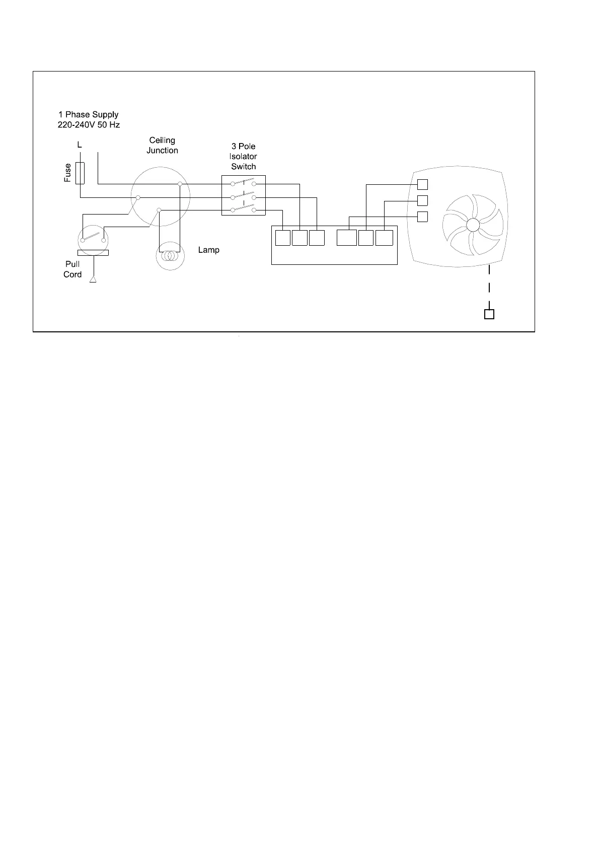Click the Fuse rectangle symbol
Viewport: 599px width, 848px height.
(x=80, y=173)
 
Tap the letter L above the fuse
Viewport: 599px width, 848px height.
(x=80, y=145)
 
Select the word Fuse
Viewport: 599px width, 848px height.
(x=68, y=172)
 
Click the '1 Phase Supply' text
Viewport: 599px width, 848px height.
(x=89, y=114)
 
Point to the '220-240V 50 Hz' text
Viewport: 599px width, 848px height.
(x=89, y=124)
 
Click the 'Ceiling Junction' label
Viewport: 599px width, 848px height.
(x=162, y=145)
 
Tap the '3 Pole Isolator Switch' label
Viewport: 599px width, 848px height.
(x=243, y=156)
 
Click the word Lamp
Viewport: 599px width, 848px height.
(x=208, y=250)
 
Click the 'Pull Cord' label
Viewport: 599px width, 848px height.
(x=72, y=269)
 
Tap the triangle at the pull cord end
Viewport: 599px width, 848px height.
(x=93, y=279)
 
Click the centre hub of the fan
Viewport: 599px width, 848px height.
(x=473, y=225)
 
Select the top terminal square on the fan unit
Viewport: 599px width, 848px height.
(x=423, y=184)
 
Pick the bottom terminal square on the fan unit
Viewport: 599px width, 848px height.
(x=423, y=217)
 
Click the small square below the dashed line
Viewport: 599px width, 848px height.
(x=489, y=314)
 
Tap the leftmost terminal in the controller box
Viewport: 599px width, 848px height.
(x=283, y=238)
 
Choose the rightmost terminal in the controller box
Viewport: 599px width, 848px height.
(x=384, y=238)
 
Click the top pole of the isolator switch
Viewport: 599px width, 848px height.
(x=244, y=182)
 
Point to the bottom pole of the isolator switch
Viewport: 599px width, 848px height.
(x=244, y=208)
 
